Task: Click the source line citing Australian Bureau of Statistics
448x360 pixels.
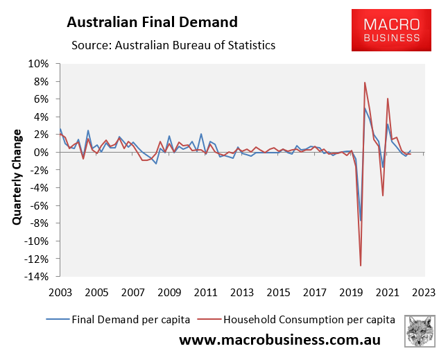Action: tap(173, 46)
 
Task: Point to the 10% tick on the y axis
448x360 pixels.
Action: tap(40, 64)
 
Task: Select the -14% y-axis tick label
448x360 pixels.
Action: tap(36, 277)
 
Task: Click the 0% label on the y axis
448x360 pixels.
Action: tap(42, 153)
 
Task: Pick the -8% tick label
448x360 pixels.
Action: tap(38, 223)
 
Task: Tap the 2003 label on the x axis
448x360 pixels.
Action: tap(60, 293)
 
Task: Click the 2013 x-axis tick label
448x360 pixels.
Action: tap(241, 293)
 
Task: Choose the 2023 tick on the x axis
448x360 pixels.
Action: tap(422, 293)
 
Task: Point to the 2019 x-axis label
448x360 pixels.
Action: tap(350, 293)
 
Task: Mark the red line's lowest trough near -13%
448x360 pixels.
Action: tap(361, 266)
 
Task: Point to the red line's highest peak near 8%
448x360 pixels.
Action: tap(365, 83)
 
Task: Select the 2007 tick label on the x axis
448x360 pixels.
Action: tap(132, 293)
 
